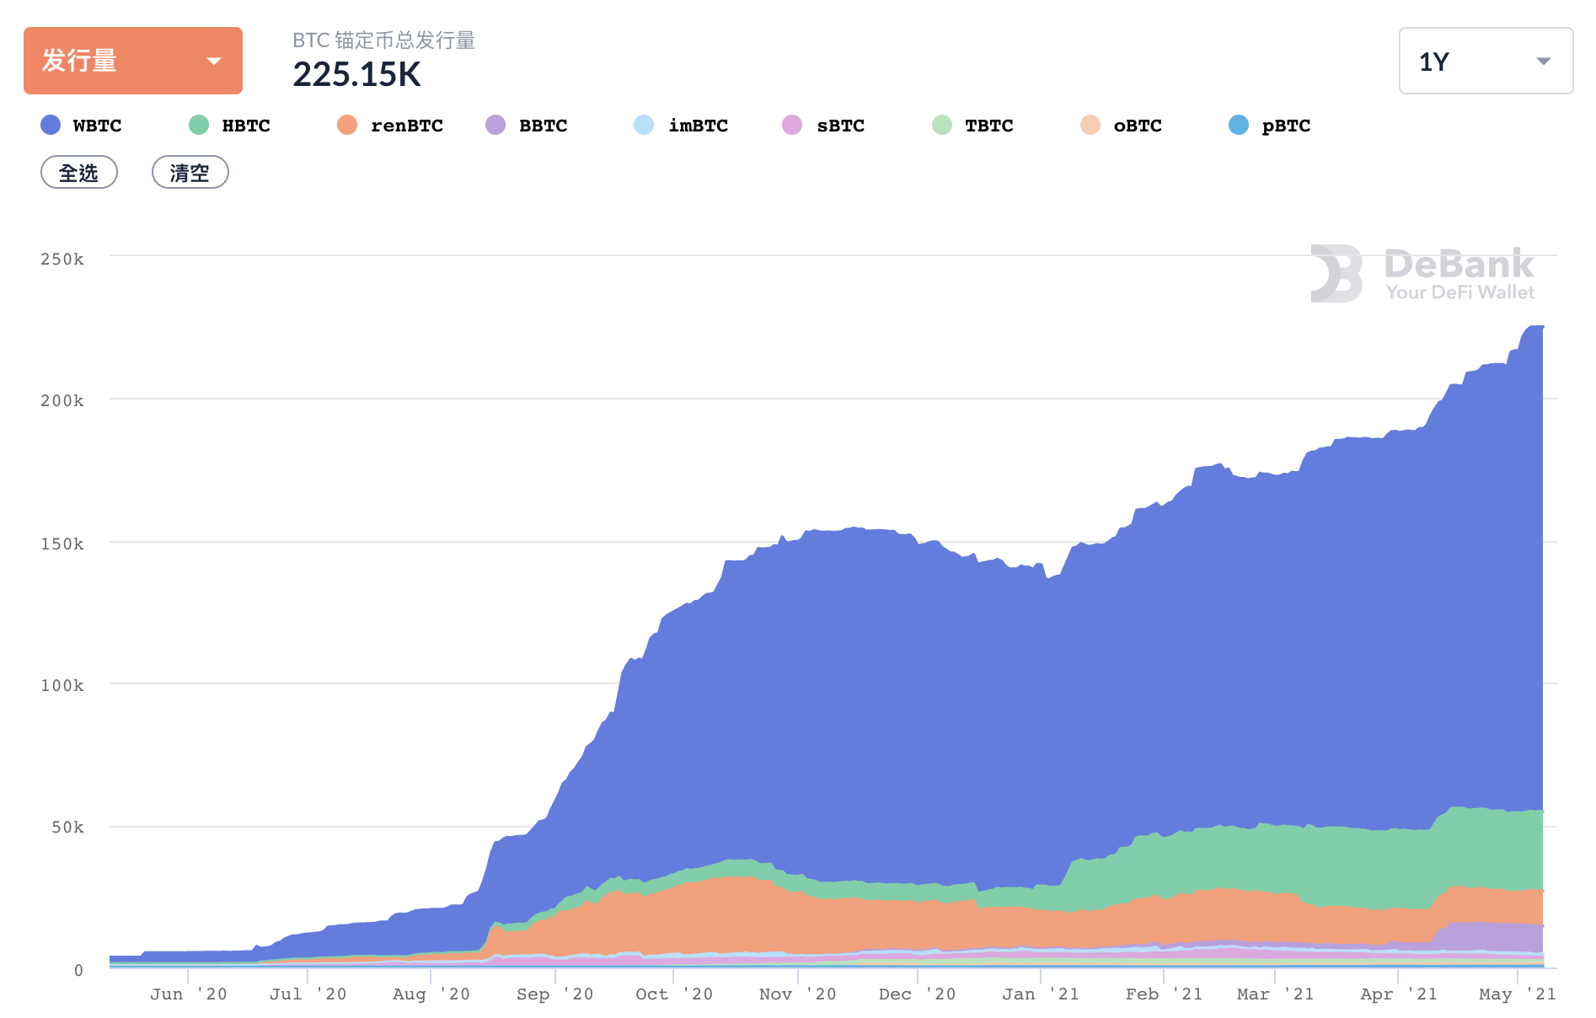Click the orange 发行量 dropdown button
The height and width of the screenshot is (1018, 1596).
click(x=132, y=61)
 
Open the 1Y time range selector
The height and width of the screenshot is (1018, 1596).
click(x=1485, y=61)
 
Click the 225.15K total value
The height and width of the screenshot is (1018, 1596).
click(x=356, y=75)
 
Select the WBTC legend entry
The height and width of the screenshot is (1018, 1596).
click(x=82, y=126)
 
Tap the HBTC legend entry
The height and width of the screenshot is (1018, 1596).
click(x=230, y=126)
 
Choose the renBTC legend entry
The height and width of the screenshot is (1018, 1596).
click(x=390, y=126)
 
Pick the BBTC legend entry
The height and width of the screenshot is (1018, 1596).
click(x=528, y=126)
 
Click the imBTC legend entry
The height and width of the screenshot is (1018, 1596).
click(x=682, y=126)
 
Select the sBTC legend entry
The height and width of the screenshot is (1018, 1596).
click(x=824, y=126)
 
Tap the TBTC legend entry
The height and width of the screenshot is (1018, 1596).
click(x=973, y=126)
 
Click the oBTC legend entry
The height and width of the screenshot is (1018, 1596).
click(x=1122, y=126)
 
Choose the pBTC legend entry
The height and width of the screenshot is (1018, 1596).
click(x=1270, y=126)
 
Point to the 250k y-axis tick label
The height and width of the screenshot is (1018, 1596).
click(x=62, y=259)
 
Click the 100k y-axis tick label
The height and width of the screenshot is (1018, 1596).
click(x=62, y=685)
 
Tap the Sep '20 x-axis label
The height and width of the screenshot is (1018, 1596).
click(x=554, y=994)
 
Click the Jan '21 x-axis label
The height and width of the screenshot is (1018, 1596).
click(x=1040, y=994)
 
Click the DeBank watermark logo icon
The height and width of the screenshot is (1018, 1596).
click(x=1336, y=273)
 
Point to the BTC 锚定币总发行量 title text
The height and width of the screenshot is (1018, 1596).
click(x=383, y=40)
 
